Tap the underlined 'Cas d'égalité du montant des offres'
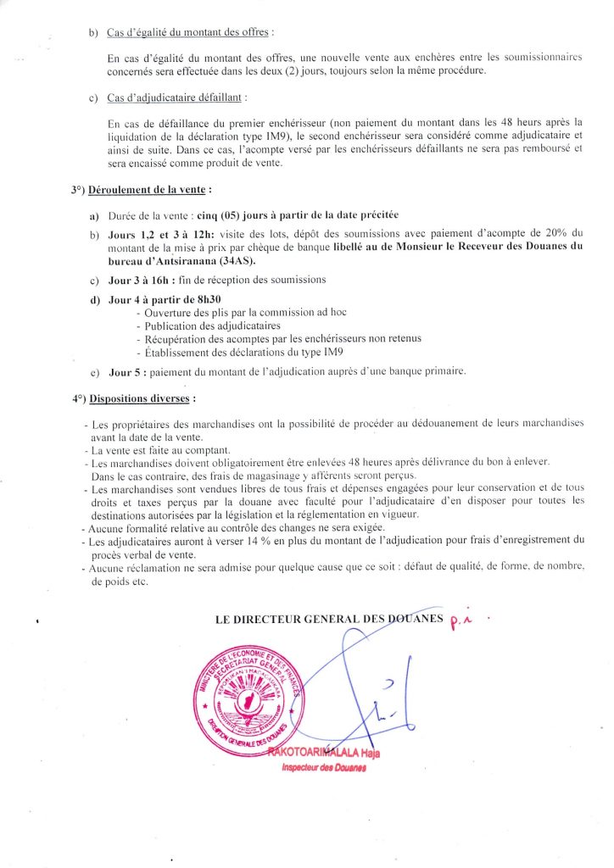189,33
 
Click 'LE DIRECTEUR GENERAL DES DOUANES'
330,620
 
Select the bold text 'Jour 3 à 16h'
142,280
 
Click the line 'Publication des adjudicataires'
207,325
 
